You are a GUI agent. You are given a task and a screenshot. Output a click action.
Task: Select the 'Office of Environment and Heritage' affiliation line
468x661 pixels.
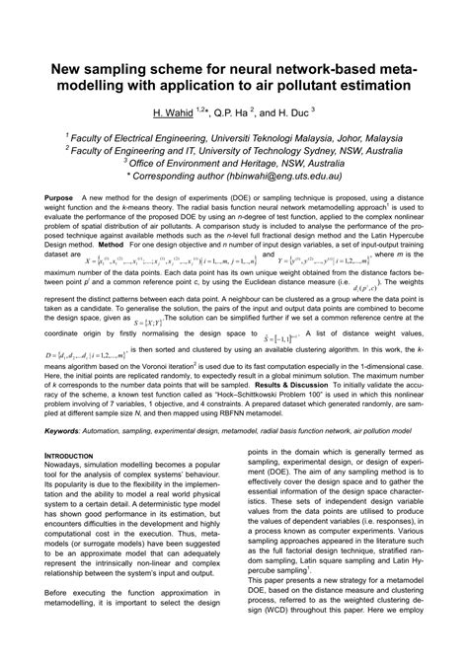(x=235, y=168)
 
